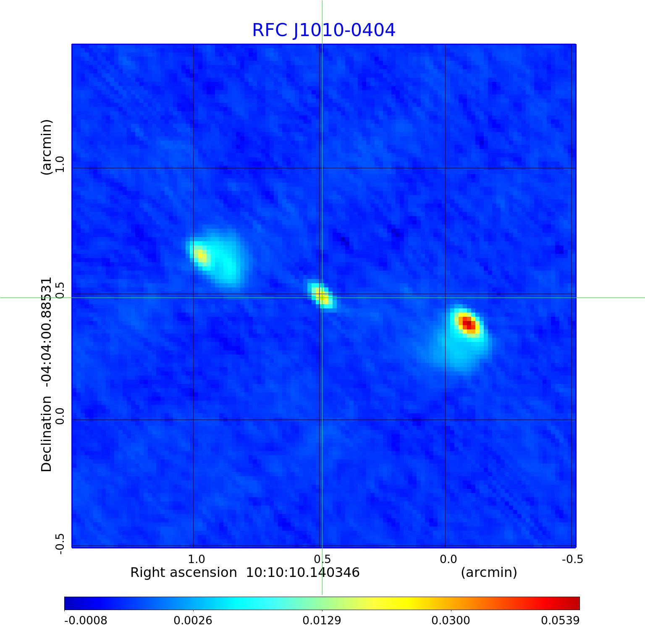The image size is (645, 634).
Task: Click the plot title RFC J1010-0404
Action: tap(323, 30)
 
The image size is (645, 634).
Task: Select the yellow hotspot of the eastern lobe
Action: tap(201, 255)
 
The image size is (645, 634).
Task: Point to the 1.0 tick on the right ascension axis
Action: tap(197, 559)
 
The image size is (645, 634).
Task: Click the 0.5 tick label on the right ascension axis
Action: tap(322, 559)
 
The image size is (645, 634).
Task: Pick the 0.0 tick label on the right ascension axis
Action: tap(448, 559)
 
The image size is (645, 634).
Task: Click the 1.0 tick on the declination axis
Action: tap(60, 164)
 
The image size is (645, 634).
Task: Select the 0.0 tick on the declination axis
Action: tap(60, 416)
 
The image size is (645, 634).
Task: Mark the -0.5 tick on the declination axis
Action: tap(60, 544)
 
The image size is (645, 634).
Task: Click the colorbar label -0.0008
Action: tap(86, 621)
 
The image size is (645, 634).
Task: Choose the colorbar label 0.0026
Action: tap(193, 621)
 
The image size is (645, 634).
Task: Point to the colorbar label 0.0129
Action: tap(322, 621)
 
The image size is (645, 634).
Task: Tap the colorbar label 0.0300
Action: tap(451, 621)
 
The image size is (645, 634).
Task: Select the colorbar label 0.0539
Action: tap(560, 621)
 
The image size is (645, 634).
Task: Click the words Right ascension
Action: tap(184, 573)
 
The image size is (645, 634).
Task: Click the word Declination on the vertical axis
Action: tap(46, 434)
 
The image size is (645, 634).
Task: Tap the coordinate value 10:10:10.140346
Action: tap(302, 573)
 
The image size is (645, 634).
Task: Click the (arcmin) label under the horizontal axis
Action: tap(489, 573)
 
